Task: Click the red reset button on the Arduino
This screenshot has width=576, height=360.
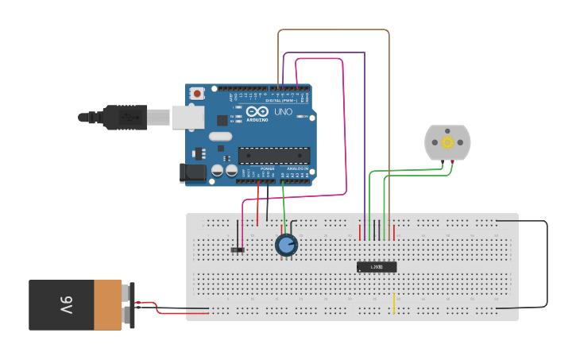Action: [196, 94]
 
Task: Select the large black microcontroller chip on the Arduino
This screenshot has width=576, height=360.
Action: [273, 155]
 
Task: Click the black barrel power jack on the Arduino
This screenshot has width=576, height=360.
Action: [193, 172]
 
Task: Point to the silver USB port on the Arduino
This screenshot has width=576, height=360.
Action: [187, 117]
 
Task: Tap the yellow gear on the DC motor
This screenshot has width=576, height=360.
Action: [447, 142]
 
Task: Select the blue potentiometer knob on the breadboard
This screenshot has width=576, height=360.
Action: [286, 245]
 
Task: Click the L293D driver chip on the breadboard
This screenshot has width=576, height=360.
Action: [376, 267]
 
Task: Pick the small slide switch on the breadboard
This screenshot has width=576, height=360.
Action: [237, 250]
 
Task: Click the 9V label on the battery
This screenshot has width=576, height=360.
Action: [65, 304]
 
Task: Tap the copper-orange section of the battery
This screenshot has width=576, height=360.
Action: [107, 304]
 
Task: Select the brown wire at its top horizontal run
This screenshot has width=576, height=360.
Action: [334, 30]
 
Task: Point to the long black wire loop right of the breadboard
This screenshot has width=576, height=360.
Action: [547, 264]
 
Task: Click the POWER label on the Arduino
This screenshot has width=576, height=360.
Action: [268, 168]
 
